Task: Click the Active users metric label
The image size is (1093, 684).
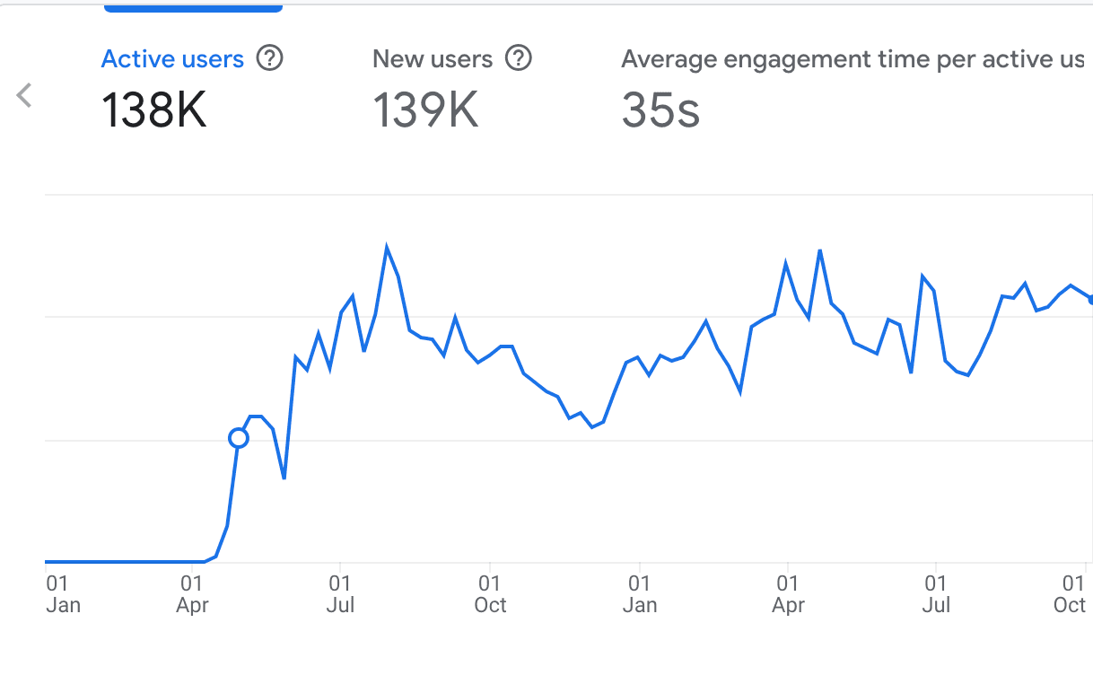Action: [172, 59]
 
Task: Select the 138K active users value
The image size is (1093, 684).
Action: [153, 110]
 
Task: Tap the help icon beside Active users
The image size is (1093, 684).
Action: [269, 58]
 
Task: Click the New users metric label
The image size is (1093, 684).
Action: [433, 59]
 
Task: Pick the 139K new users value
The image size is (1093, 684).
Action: [424, 110]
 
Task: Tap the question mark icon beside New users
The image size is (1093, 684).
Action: [519, 58]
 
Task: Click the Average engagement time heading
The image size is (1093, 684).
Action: [853, 59]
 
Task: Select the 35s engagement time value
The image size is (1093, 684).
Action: [660, 110]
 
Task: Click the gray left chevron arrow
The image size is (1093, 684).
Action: [24, 94]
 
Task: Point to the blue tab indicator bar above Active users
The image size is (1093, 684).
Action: [193, 7]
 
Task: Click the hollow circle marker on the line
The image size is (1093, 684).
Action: [239, 438]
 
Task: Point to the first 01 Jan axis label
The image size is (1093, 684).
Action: [62, 594]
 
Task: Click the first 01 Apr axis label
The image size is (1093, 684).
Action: [192, 594]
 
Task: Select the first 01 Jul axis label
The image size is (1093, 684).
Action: [340, 594]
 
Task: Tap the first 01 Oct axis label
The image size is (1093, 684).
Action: [490, 594]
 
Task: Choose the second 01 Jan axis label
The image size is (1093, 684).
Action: [639, 594]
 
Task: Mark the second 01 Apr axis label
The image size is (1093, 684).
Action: [788, 594]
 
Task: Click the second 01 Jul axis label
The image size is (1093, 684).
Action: [936, 594]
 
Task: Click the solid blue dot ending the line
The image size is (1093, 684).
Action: [1090, 300]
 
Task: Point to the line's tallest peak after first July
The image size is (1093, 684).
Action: [387, 246]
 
